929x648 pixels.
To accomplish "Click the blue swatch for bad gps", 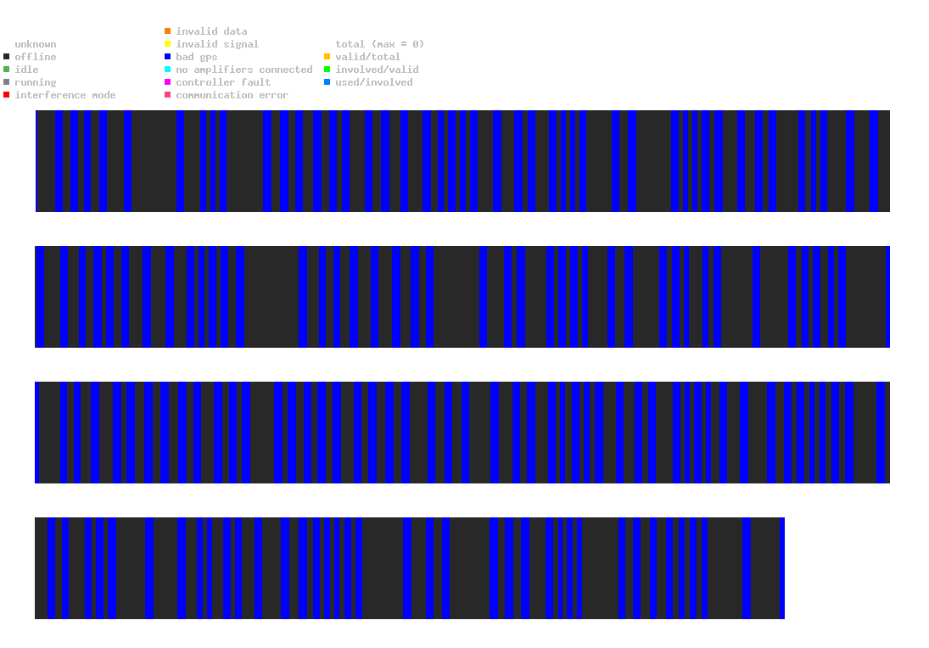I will click(x=168, y=57).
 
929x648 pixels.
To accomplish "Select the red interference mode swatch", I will click(x=7, y=95).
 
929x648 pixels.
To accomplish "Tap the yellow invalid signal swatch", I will click(x=168, y=44).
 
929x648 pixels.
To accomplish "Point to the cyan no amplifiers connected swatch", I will click(x=168, y=70).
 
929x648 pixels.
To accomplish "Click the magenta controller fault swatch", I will click(x=168, y=82).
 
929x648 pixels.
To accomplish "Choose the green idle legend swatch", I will click(x=7, y=70).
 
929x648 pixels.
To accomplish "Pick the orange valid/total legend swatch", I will click(x=327, y=57).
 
